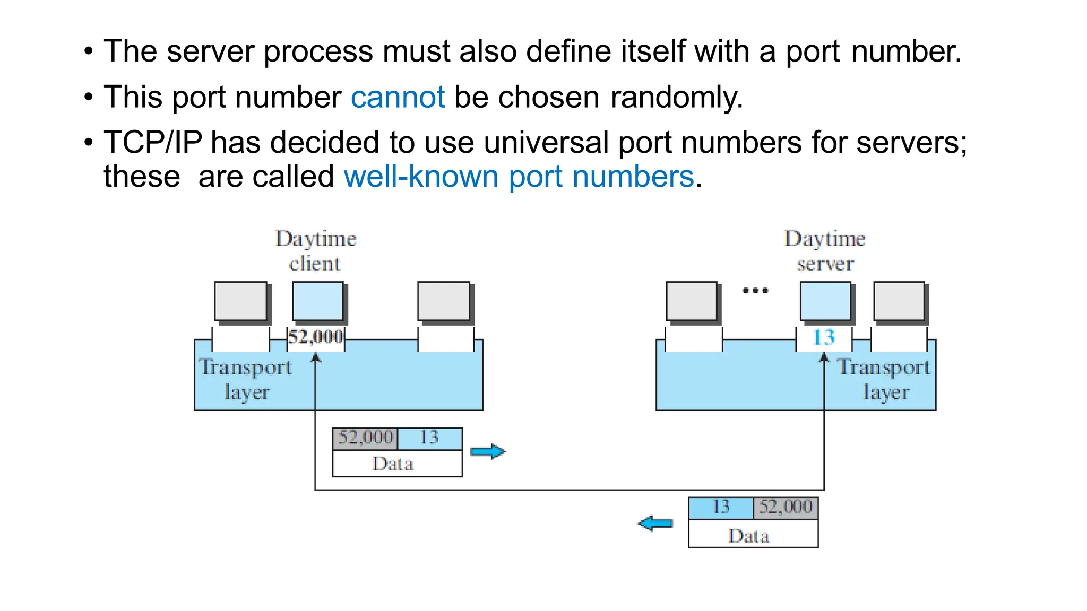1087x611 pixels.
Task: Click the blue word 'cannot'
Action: pyautogui.click(x=397, y=97)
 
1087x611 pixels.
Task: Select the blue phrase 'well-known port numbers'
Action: pyautogui.click(x=519, y=177)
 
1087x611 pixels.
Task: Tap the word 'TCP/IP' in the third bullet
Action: pyautogui.click(x=153, y=143)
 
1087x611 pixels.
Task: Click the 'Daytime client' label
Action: pyautogui.click(x=315, y=251)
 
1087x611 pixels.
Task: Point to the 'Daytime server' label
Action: pyautogui.click(x=824, y=251)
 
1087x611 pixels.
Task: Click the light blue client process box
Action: pyautogui.click(x=318, y=301)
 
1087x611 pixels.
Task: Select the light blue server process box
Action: pyautogui.click(x=825, y=301)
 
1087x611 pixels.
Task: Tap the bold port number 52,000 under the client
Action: pyautogui.click(x=315, y=337)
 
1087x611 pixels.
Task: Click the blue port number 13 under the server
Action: pyautogui.click(x=824, y=337)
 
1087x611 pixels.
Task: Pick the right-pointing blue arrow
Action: pyautogui.click(x=488, y=451)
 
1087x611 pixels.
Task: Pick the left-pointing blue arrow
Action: pyautogui.click(x=655, y=523)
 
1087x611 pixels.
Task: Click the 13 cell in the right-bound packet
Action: pyautogui.click(x=429, y=438)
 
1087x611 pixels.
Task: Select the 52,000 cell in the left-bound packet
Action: pyautogui.click(x=785, y=507)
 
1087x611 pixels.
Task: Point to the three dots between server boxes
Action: pyautogui.click(x=755, y=290)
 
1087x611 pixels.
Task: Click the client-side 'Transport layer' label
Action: pyautogui.click(x=246, y=379)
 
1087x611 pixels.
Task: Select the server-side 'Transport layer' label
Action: pyautogui.click(x=884, y=379)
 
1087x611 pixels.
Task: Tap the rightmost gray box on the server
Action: pyautogui.click(x=899, y=301)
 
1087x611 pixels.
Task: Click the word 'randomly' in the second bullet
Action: pyautogui.click(x=676, y=97)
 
